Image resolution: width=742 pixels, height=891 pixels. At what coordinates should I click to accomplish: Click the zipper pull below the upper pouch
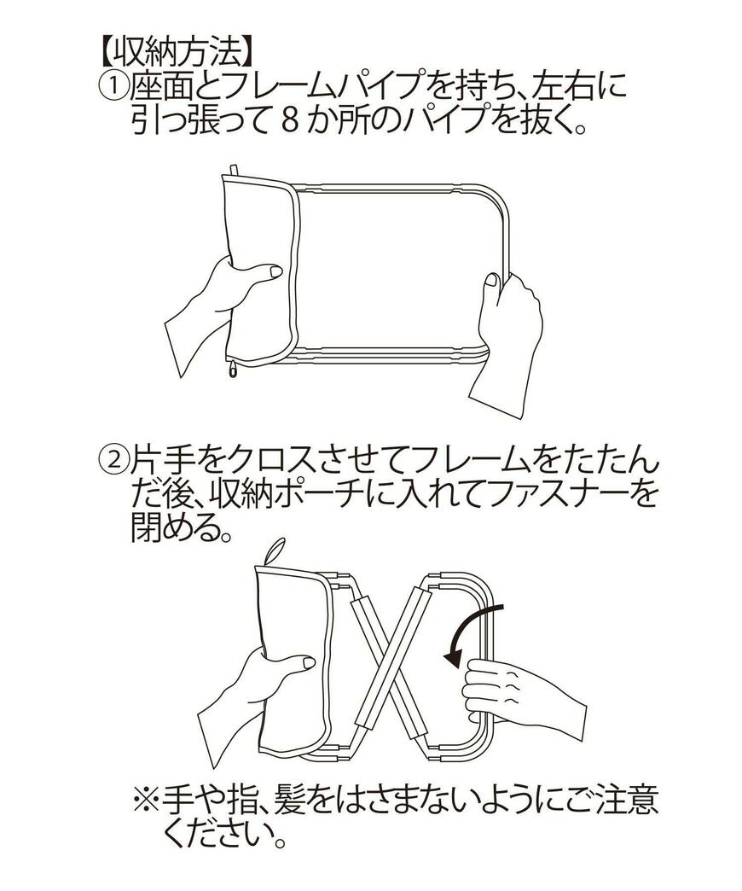tap(231, 368)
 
